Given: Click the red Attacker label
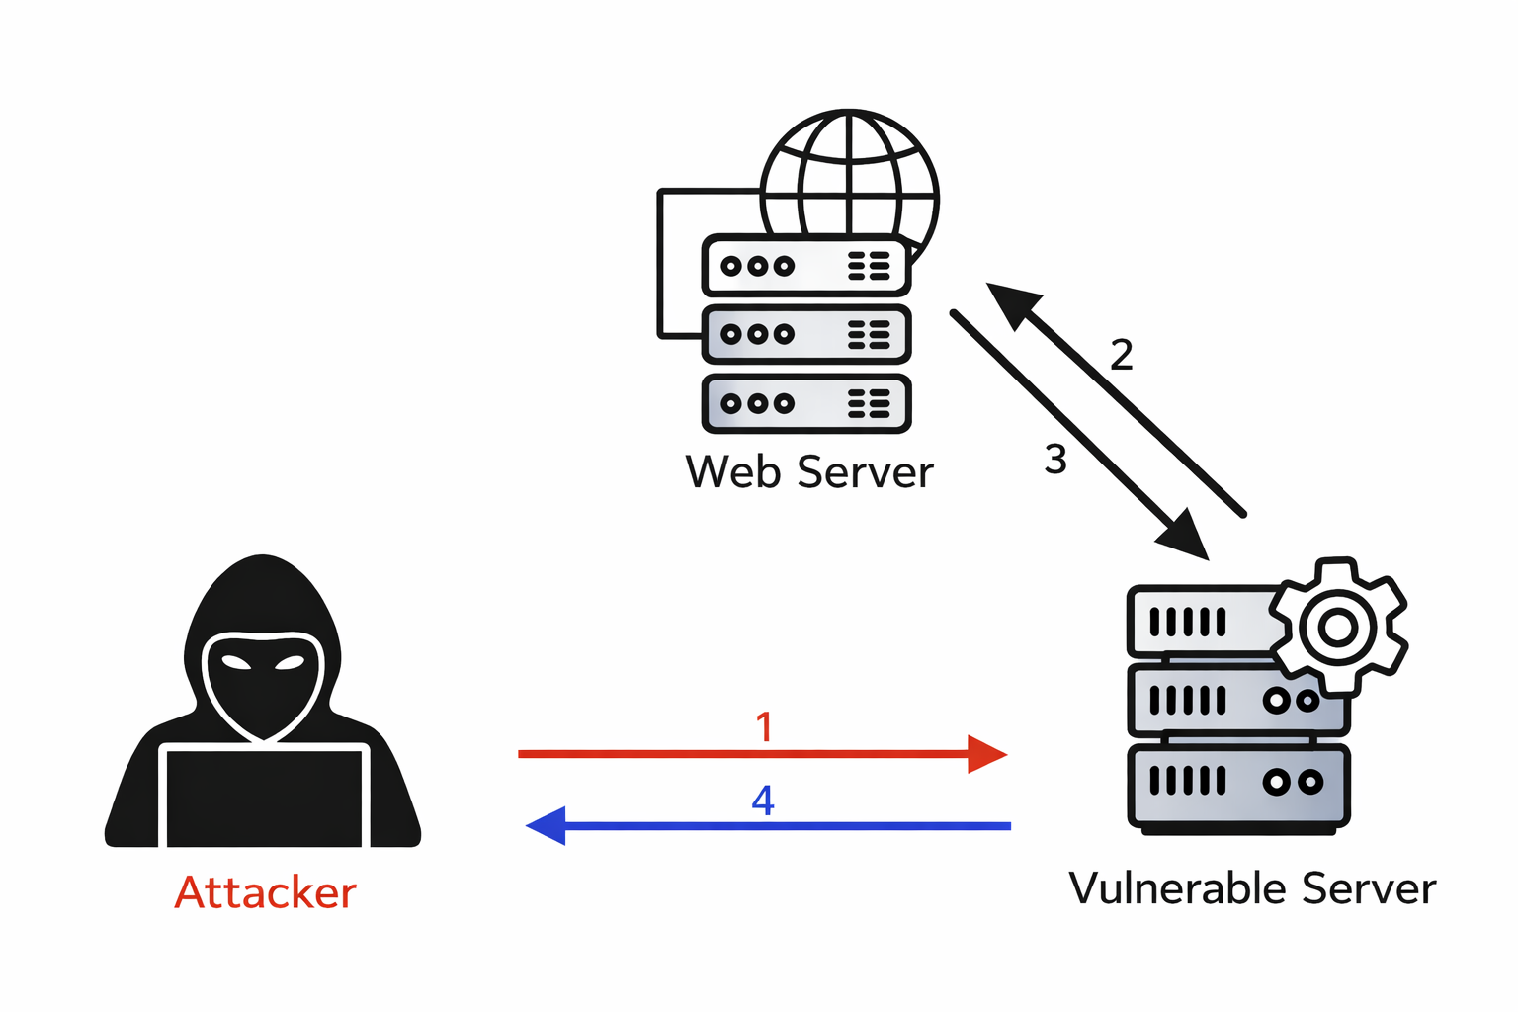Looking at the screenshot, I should [265, 892].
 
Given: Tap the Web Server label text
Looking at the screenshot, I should [808, 472].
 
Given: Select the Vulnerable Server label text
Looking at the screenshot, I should [1252, 888].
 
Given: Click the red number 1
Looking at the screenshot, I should [764, 727].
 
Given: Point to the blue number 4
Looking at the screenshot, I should [763, 800].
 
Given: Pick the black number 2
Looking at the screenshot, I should [1121, 355].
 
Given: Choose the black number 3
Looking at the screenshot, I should [1055, 460].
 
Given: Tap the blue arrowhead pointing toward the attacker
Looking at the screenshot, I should [548, 825].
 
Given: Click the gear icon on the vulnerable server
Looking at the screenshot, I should [1338, 627].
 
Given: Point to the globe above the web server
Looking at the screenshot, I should [850, 178].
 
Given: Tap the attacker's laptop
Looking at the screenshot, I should [264, 797].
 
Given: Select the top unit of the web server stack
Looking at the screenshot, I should [805, 266].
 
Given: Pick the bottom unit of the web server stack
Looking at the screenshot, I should [805, 403].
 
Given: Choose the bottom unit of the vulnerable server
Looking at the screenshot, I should [1238, 784].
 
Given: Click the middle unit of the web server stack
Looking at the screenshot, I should [805, 335].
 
